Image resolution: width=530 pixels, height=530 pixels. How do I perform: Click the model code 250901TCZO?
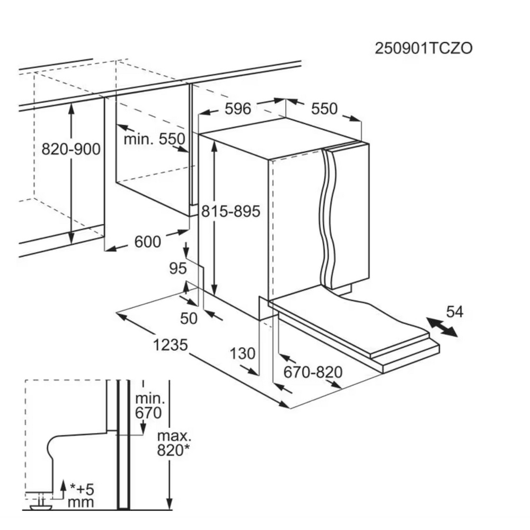point(423,49)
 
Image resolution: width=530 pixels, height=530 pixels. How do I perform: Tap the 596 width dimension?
point(238,109)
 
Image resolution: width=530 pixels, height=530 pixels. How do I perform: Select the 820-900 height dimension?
point(71,149)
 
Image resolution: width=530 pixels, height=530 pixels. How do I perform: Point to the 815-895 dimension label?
point(231,211)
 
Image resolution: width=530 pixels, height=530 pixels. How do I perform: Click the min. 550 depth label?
point(154,139)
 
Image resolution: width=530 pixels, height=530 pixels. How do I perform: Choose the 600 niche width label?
point(147,242)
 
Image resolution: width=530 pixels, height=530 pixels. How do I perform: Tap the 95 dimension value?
point(178,268)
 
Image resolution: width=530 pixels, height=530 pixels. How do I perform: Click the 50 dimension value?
point(189,319)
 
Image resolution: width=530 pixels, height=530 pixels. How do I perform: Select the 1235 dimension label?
point(170,345)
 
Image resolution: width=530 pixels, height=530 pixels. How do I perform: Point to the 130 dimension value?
point(243,354)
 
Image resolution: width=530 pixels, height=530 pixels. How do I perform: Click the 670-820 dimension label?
point(313,372)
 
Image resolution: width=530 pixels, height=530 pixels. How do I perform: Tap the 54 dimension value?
point(455,312)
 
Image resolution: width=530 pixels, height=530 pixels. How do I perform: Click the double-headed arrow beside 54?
point(442,327)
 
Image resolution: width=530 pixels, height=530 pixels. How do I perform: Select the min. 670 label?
point(150,405)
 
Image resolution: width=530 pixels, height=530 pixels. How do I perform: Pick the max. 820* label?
point(174,443)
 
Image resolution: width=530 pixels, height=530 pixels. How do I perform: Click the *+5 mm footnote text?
point(81,496)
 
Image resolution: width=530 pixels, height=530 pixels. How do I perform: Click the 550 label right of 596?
point(324,109)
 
